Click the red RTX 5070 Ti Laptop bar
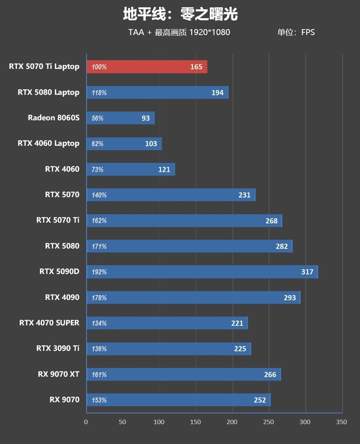tap(147, 67)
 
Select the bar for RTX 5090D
tap(202, 272)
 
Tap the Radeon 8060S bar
tap(120, 118)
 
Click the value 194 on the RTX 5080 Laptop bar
tap(217, 92)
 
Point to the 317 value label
tap(307, 272)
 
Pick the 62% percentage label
tap(98, 144)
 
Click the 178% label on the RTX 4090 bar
tap(99, 297)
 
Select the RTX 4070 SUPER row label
tap(49, 323)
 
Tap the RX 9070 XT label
tap(58, 374)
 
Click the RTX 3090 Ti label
tap(58, 348)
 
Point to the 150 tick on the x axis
tap(196, 422)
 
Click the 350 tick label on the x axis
tap(342, 422)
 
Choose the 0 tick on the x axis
tap(86, 422)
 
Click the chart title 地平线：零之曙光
tap(180, 14)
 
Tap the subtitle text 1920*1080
tap(210, 32)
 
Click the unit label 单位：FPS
tap(296, 32)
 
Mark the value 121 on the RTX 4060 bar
tap(164, 169)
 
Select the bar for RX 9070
tap(178, 400)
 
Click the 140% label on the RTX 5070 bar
tap(99, 195)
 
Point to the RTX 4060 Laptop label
tap(48, 143)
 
